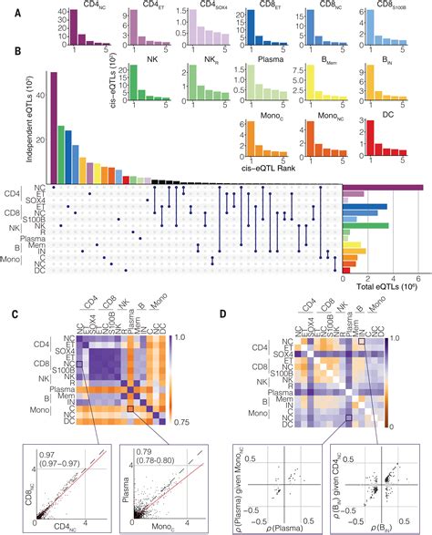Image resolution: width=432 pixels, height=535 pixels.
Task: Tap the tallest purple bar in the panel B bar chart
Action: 53,127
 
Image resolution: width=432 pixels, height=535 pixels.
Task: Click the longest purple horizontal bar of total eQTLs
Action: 382,188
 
